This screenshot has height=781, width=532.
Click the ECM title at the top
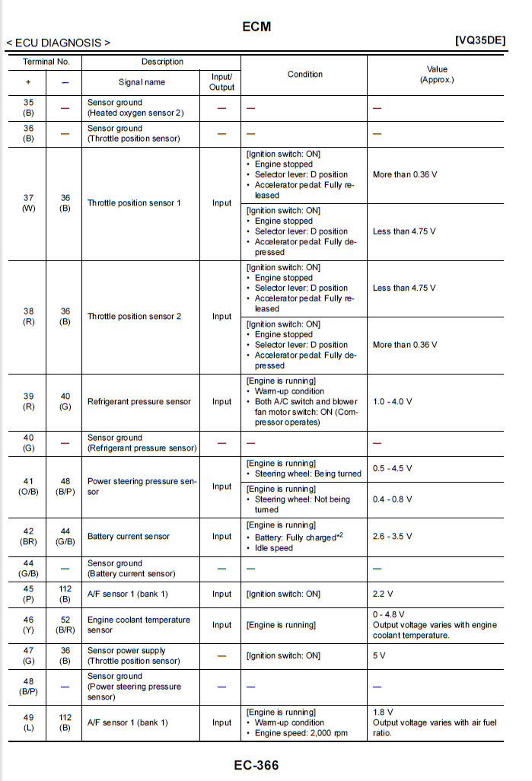tap(256, 27)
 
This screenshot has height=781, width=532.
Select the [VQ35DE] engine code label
tap(479, 41)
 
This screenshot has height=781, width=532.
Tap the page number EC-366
tap(256, 764)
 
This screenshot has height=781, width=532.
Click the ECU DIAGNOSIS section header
tap(59, 43)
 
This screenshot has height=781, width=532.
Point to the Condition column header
tap(304, 74)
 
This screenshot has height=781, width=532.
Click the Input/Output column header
tap(221, 82)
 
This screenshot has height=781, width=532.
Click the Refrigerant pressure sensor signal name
tap(138, 401)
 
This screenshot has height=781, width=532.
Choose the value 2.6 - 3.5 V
tap(393, 536)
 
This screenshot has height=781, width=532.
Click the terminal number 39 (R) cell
tap(28, 401)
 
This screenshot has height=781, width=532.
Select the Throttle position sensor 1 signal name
tap(133, 203)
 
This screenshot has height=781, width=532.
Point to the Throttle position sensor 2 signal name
tap(134, 316)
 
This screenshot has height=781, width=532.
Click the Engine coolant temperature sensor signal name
tap(139, 625)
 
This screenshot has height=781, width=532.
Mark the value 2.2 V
tap(382, 594)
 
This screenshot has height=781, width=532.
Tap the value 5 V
tap(378, 655)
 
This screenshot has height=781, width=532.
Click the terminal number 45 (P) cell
tap(28, 594)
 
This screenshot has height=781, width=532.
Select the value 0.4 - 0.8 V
tap(392, 499)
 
